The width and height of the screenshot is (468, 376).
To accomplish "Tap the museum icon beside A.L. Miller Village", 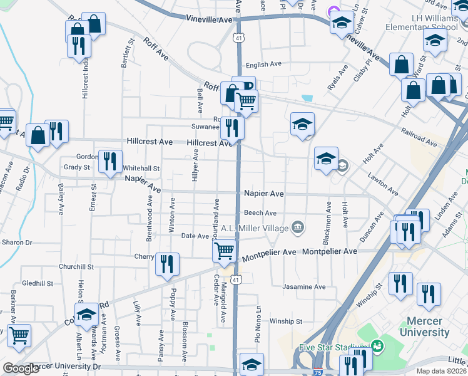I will tap(298, 227).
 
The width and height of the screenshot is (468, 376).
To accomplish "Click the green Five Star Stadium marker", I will tap(377, 346).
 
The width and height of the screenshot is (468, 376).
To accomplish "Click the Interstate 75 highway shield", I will tap(318, 372).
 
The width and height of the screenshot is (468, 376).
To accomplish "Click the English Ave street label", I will tap(263, 65).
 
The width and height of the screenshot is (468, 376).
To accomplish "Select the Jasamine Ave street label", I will tap(304, 287).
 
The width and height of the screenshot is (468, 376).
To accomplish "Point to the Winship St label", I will tap(286, 321).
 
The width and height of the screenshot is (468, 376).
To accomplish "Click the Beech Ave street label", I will tap(260, 213).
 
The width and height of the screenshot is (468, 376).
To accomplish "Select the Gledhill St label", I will tap(37, 283).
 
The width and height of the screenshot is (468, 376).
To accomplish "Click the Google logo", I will tap(21, 368).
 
